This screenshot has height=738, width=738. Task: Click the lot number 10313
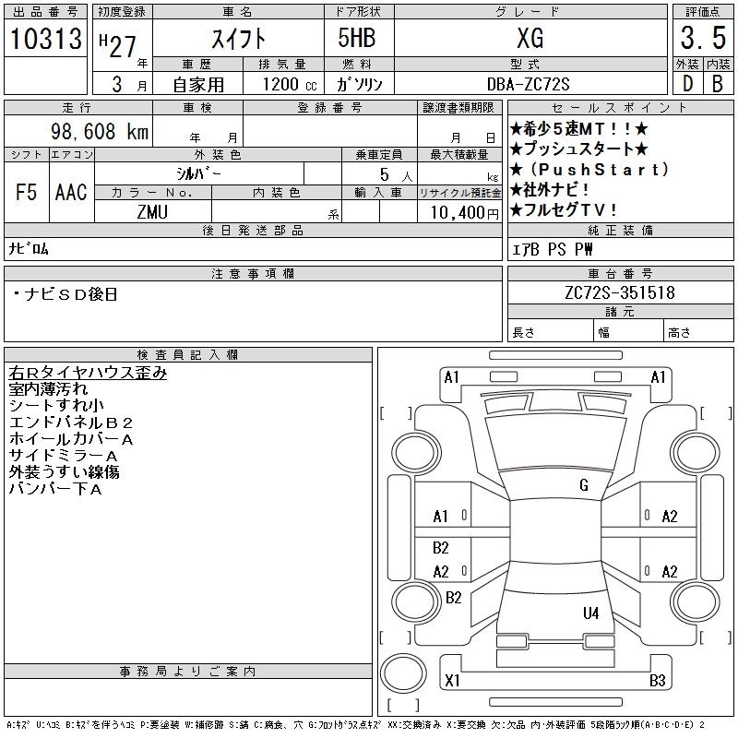coord(43,39)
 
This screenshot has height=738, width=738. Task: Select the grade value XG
coord(530,39)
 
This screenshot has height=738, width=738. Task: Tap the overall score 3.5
coord(702,39)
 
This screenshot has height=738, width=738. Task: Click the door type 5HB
coord(347,39)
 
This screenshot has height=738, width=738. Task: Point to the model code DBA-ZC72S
coord(529,84)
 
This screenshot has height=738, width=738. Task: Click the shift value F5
coord(26,192)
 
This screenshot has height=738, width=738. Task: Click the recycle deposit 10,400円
coord(458,212)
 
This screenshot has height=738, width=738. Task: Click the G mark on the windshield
coord(584,485)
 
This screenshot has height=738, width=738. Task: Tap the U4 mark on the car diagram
coord(590,613)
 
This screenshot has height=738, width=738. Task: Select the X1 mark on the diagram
coord(452,681)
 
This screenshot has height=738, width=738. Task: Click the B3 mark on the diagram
coord(657,681)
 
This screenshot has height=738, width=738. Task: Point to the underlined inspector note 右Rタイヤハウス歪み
coord(88,374)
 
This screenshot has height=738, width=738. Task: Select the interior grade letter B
coord(717,84)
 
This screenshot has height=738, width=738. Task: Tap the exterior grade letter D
coord(687,84)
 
